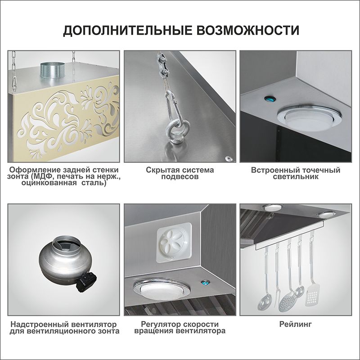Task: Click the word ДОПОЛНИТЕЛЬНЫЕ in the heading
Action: (127, 31)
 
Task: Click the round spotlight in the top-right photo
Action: (309, 118)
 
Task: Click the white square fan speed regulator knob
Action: (174, 243)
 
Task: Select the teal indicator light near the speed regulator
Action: (204, 283)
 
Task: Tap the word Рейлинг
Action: (296, 324)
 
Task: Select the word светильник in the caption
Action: (296, 177)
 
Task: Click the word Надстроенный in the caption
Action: (40, 324)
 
